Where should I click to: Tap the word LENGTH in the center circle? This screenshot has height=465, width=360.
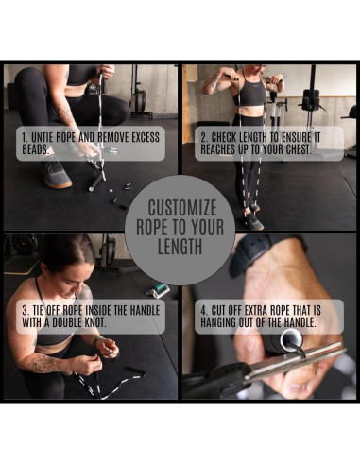pyautogui.click(x=180, y=248)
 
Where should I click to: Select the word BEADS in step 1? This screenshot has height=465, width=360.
pyautogui.click(x=41, y=149)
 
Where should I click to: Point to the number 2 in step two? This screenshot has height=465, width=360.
pyautogui.click(x=203, y=136)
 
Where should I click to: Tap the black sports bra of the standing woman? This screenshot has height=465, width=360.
pyautogui.click(x=250, y=93)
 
